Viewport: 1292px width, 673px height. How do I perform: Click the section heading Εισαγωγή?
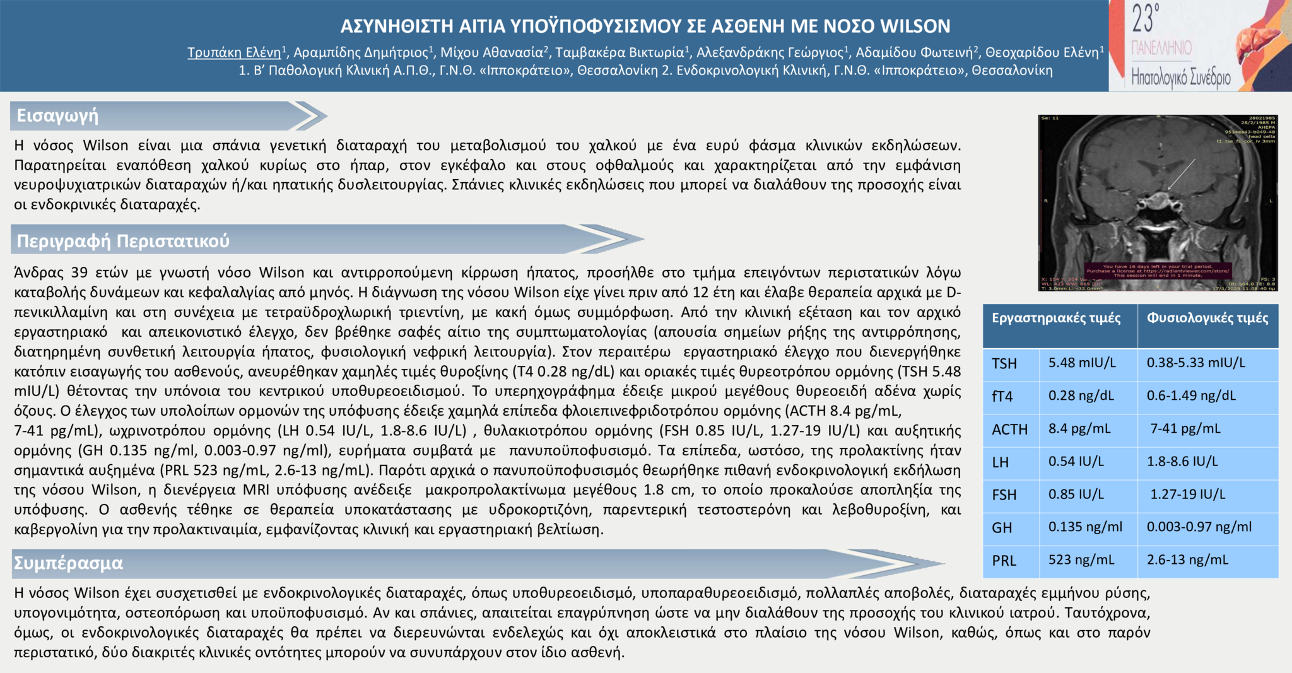tap(57, 115)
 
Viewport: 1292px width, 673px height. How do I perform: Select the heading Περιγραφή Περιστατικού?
tap(123, 241)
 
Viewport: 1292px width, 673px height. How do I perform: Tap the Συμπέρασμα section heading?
tap(68, 563)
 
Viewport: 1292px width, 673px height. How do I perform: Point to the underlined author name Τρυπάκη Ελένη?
tap(234, 52)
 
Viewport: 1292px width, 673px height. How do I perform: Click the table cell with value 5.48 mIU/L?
tap(1082, 363)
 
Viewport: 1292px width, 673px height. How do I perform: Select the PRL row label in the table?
tap(1004, 561)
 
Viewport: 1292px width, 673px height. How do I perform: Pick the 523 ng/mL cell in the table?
tap(1081, 559)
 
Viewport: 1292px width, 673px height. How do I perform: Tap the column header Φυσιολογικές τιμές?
tap(1207, 318)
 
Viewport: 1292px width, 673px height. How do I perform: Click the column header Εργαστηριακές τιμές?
tap(1056, 318)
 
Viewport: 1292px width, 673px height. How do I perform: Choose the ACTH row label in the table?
tap(1009, 430)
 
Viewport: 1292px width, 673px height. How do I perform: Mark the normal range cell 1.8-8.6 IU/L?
tap(1182, 461)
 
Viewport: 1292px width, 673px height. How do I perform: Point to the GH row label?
tap(1002, 528)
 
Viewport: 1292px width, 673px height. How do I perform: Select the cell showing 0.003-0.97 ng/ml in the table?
tap(1199, 527)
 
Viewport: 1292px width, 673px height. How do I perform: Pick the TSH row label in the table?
tap(1004, 364)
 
